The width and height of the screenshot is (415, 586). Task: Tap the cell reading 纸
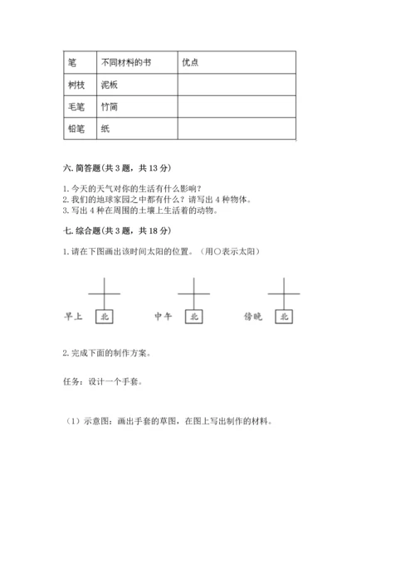tap(105, 129)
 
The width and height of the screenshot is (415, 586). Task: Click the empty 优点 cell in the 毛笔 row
tap(237, 107)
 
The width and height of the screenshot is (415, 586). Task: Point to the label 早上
tap(75, 316)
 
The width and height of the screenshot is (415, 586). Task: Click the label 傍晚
tap(254, 316)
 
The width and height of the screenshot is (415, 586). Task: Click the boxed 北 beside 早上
tap(105, 316)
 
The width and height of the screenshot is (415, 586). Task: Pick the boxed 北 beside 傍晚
tap(285, 316)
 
